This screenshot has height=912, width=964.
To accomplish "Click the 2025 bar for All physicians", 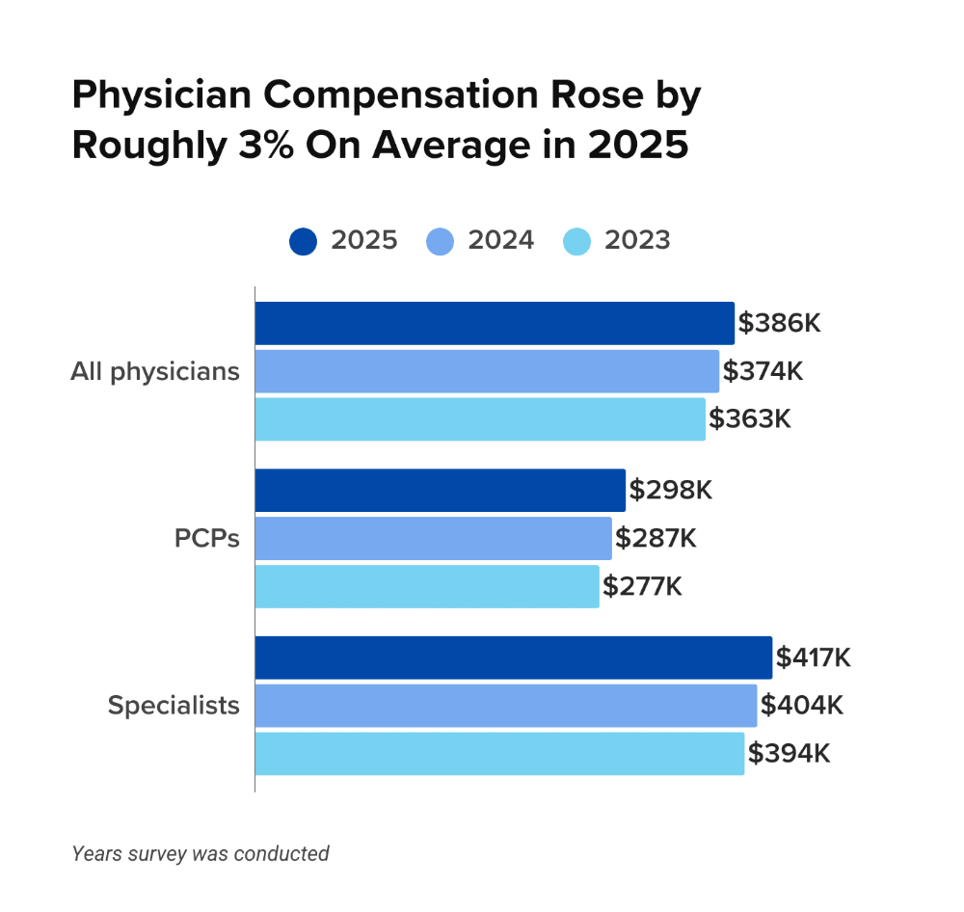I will point(495,323).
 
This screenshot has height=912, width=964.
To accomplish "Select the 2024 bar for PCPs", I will point(433,538).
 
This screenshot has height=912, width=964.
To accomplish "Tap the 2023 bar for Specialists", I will point(499,753).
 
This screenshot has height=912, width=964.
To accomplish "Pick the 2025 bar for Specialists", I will point(513,657).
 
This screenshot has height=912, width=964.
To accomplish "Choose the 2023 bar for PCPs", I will point(427,586).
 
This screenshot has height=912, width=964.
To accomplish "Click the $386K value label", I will point(779,323).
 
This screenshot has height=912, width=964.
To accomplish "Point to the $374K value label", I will point(763,371).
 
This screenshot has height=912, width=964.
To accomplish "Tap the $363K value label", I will point(750,418).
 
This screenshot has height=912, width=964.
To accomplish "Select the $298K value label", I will point(670,490).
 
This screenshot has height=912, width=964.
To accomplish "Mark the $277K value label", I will point(642,586).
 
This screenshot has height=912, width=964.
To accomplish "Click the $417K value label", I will point(814,657).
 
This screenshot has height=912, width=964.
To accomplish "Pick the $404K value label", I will point(802,706).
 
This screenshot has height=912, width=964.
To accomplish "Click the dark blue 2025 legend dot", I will point(303,241).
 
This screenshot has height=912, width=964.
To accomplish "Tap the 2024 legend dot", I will point(440,241).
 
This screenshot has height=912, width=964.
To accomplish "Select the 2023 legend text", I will point(637,241).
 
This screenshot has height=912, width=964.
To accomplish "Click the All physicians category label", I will point(154,371).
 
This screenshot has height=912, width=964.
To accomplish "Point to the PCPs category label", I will point(206,538).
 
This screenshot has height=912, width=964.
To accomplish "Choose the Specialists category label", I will point(174,706).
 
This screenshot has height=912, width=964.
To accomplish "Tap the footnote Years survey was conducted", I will point(201,853).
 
